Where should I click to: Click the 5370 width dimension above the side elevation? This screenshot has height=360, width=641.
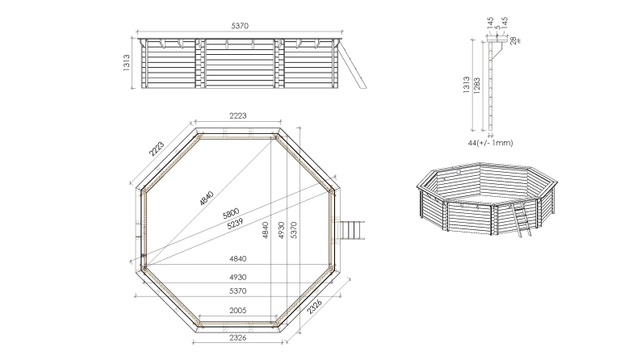(x=240, y=27)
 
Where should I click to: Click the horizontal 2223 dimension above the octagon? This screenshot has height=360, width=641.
(x=238, y=117)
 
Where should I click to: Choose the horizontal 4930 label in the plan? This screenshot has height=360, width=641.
(x=238, y=277)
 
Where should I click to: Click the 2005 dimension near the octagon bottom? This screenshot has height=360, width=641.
(x=238, y=311)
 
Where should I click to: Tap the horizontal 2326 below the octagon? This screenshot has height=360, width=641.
(x=238, y=337)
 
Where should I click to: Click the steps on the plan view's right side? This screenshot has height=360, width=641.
(x=354, y=231)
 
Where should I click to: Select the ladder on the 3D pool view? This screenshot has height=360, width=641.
(x=521, y=220)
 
